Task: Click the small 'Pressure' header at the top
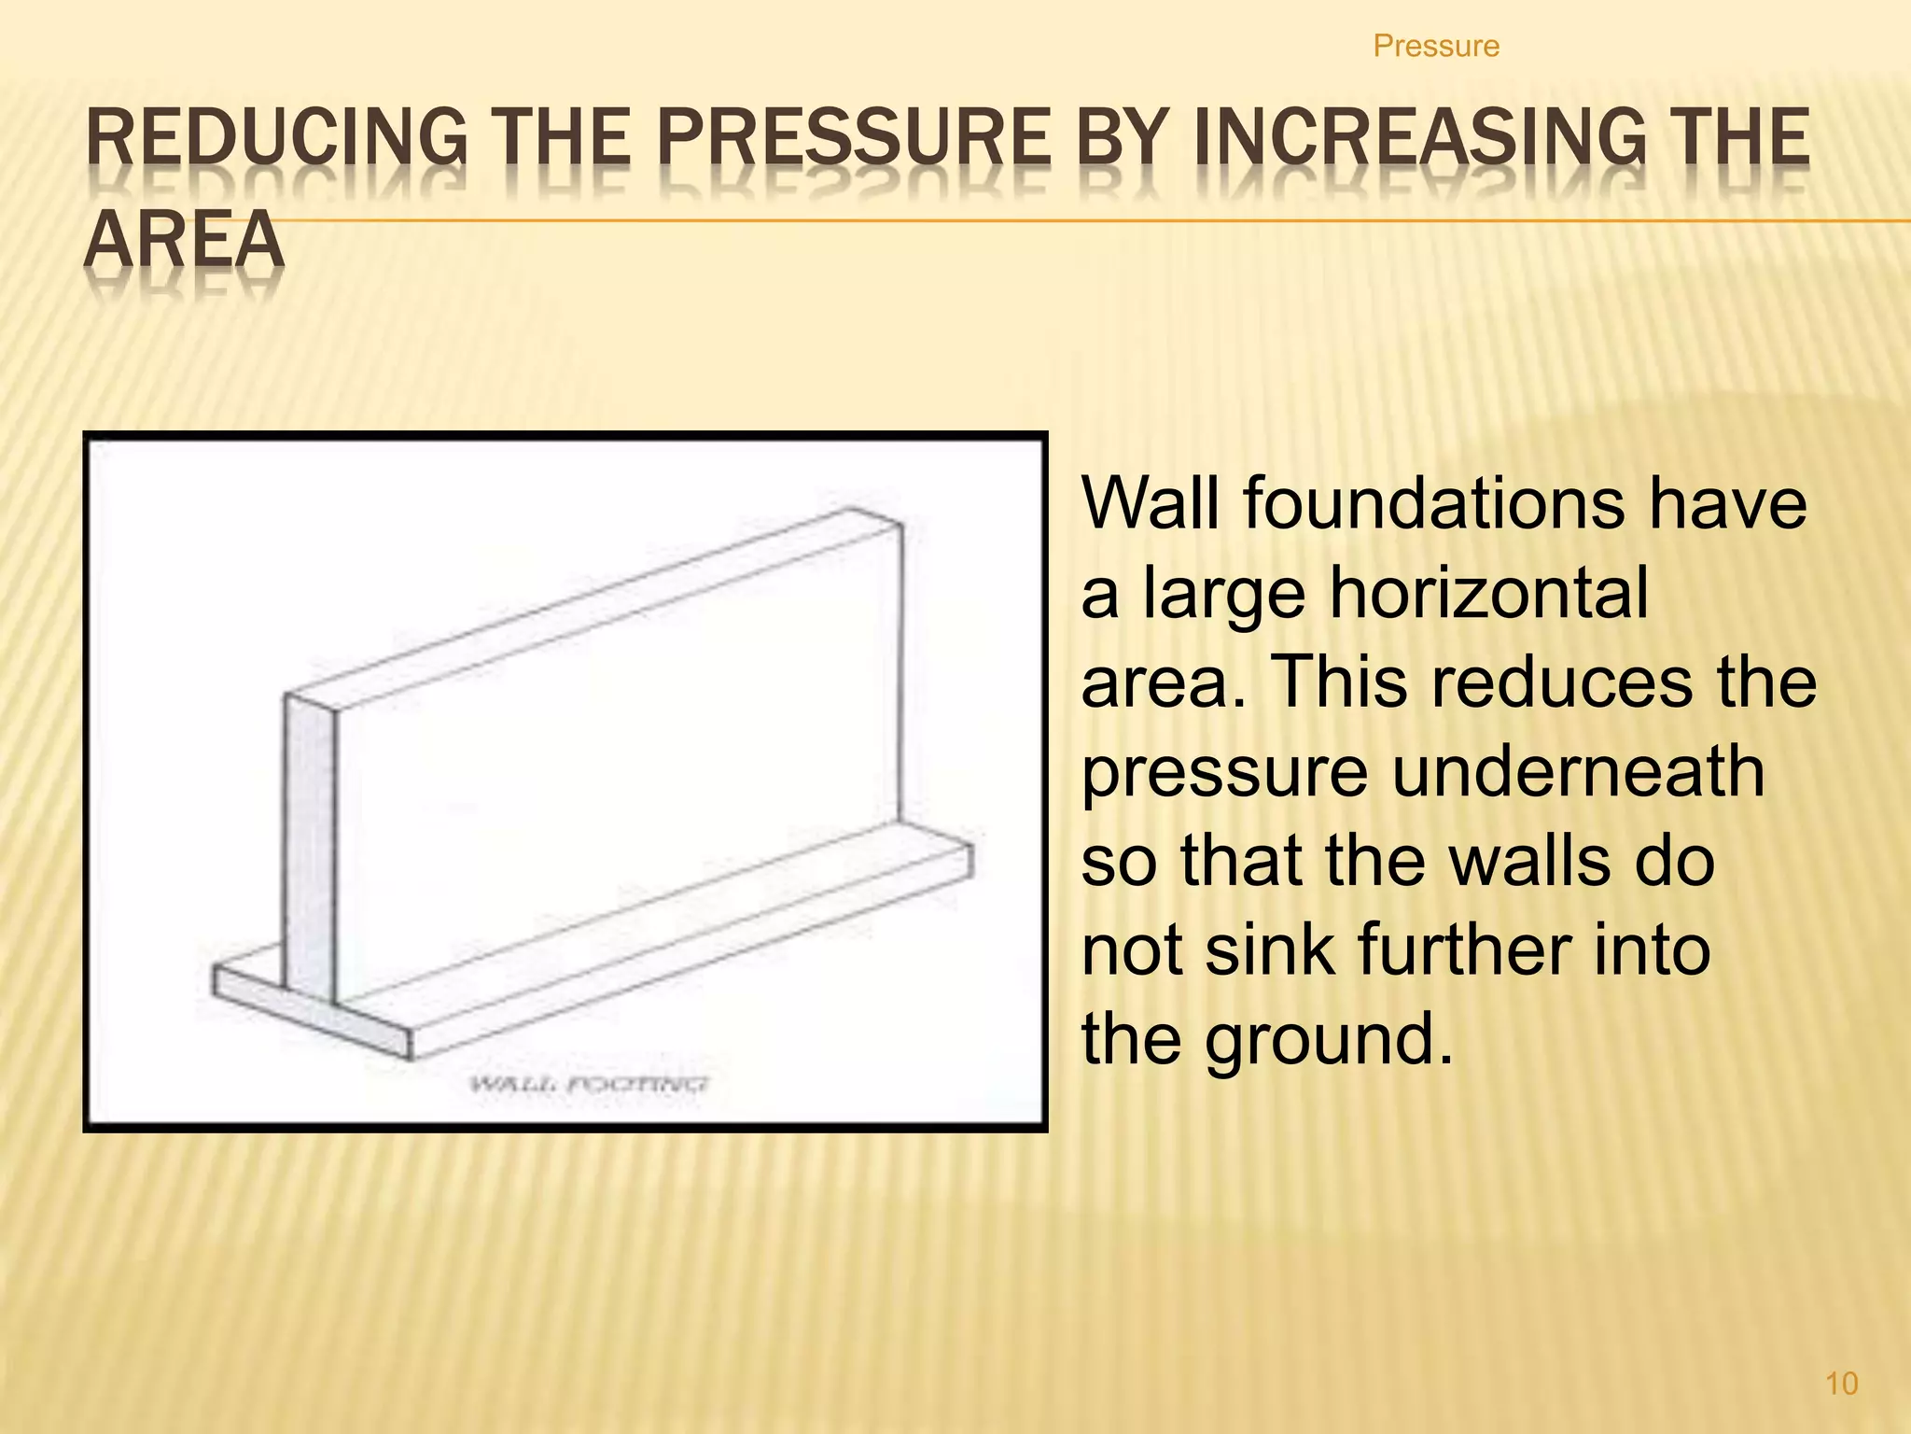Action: click(1436, 46)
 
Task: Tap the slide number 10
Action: click(1841, 1383)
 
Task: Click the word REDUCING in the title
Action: click(276, 137)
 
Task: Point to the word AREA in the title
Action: click(184, 239)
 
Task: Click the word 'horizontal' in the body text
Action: click(1489, 594)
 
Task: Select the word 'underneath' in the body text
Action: click(1579, 772)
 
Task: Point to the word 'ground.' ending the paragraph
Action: click(1329, 1040)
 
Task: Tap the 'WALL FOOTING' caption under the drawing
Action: click(589, 1084)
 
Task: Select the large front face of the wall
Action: click(616, 775)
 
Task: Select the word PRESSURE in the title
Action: click(853, 137)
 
